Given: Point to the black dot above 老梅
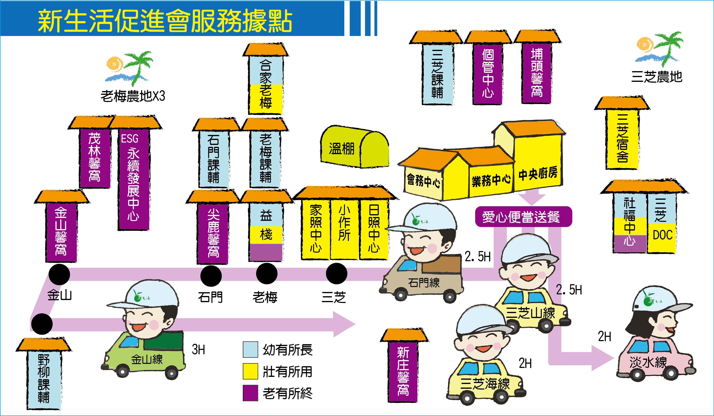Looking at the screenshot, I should [x=266, y=273].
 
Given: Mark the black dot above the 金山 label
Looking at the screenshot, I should [x=59, y=274].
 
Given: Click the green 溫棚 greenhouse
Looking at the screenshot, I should [x=354, y=147].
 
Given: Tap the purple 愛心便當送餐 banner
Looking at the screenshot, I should [x=523, y=217].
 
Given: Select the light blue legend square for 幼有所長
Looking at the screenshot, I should [x=250, y=349].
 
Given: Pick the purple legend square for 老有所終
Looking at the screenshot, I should [x=250, y=393].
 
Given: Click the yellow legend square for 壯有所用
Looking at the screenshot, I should [x=250, y=371].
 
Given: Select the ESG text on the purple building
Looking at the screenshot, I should [x=129, y=139].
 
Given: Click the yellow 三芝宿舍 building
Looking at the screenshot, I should [x=622, y=139].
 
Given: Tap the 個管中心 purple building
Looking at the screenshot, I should [x=488, y=74].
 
